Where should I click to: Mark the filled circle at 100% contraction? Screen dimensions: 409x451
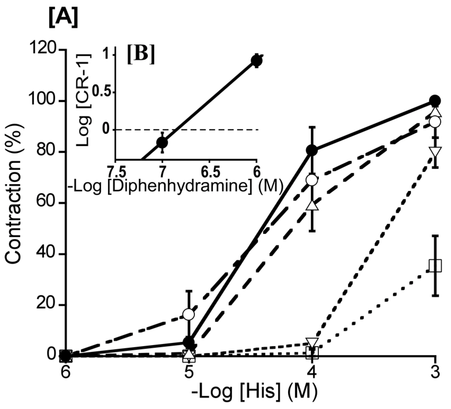click(x=435, y=101)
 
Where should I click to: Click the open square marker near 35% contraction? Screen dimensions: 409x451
click(x=435, y=265)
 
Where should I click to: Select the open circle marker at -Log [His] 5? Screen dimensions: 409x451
click(x=189, y=314)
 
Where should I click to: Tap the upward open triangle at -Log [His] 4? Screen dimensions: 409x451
click(x=312, y=205)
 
